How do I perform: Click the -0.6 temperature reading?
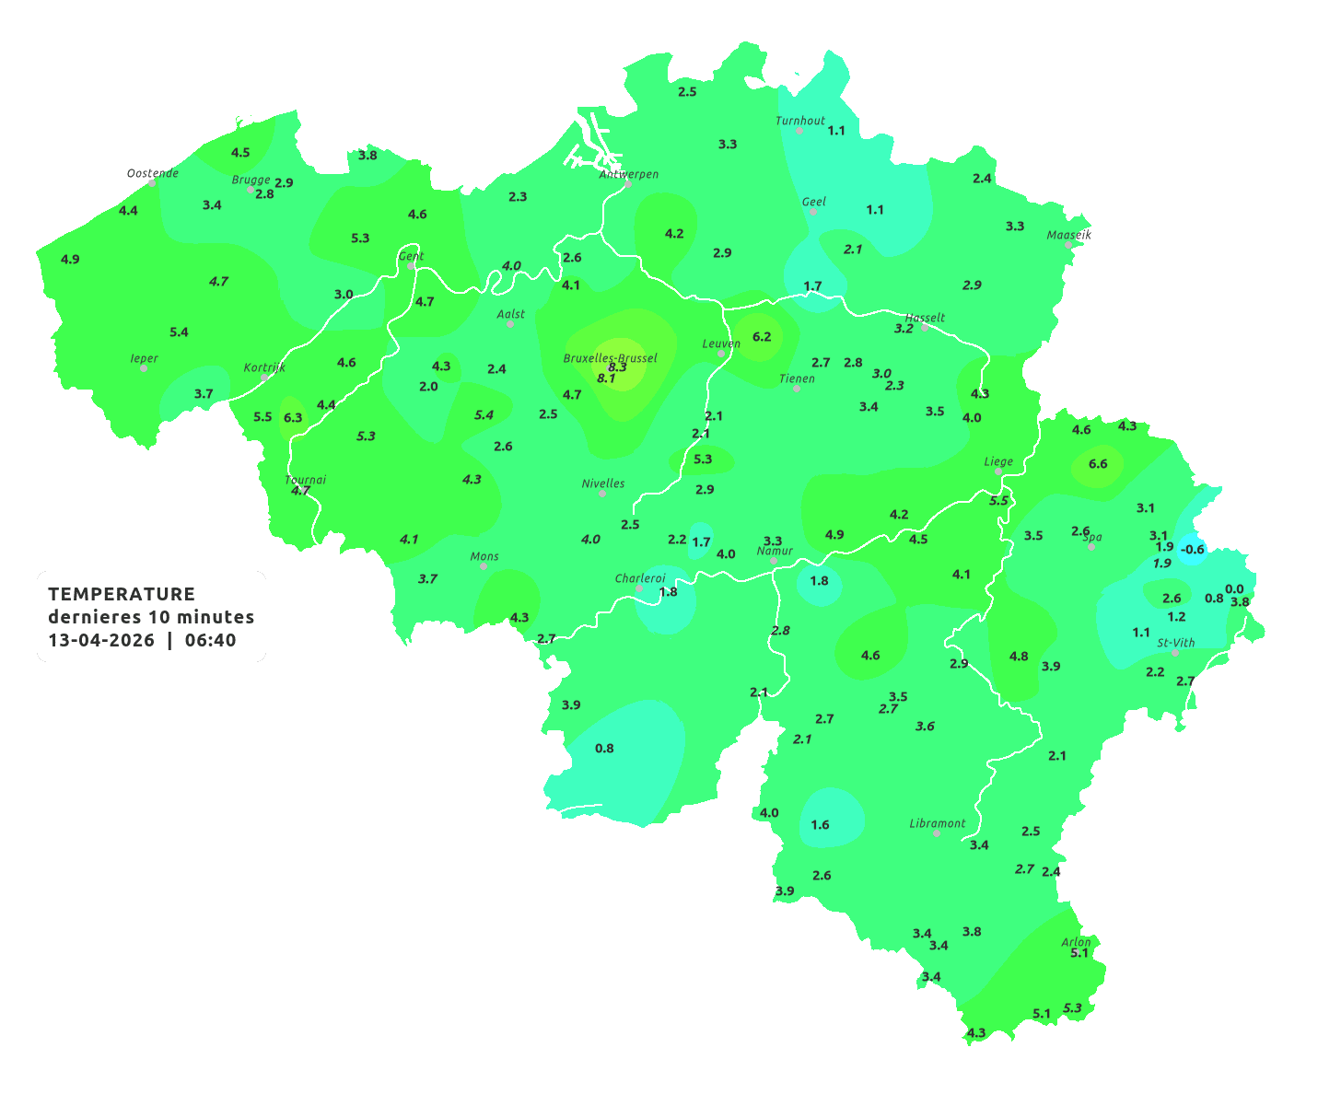coord(1193,549)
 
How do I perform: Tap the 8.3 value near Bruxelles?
coord(617,367)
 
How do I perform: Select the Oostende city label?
coord(152,173)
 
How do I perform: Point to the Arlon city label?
coord(1076,942)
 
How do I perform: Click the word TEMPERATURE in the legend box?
coord(122,594)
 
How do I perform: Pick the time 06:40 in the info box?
coord(210,640)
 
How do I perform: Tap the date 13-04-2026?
coord(101,640)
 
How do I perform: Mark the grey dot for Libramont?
coord(937,832)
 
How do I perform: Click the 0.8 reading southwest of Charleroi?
coord(604,748)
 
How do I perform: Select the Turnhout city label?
coord(800,121)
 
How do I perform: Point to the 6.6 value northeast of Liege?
coord(1098,463)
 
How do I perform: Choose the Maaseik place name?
coord(1068,235)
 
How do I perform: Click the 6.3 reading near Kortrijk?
coord(293,417)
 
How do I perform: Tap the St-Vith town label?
coord(1176,643)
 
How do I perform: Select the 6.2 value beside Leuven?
coord(762,336)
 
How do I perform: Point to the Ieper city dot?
coord(143,367)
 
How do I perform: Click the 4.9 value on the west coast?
coord(70,259)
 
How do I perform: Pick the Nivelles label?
coord(603,483)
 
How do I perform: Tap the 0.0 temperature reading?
coord(1234,589)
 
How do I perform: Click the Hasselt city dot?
coord(925,327)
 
